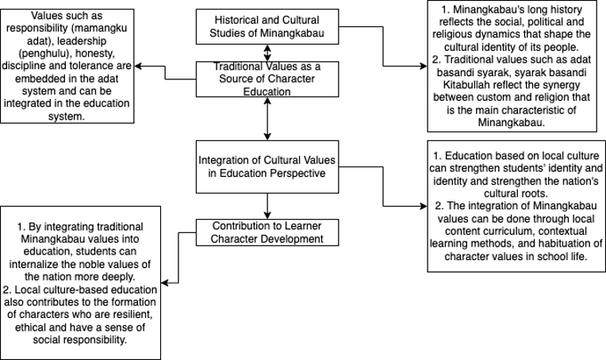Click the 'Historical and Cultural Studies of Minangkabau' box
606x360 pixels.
[x=267, y=26]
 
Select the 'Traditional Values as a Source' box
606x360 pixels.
[x=267, y=80]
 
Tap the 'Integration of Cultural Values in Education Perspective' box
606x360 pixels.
[x=267, y=166]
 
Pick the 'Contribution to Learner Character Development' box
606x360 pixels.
[x=267, y=232]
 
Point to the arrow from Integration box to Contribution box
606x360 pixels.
[x=267, y=205]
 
